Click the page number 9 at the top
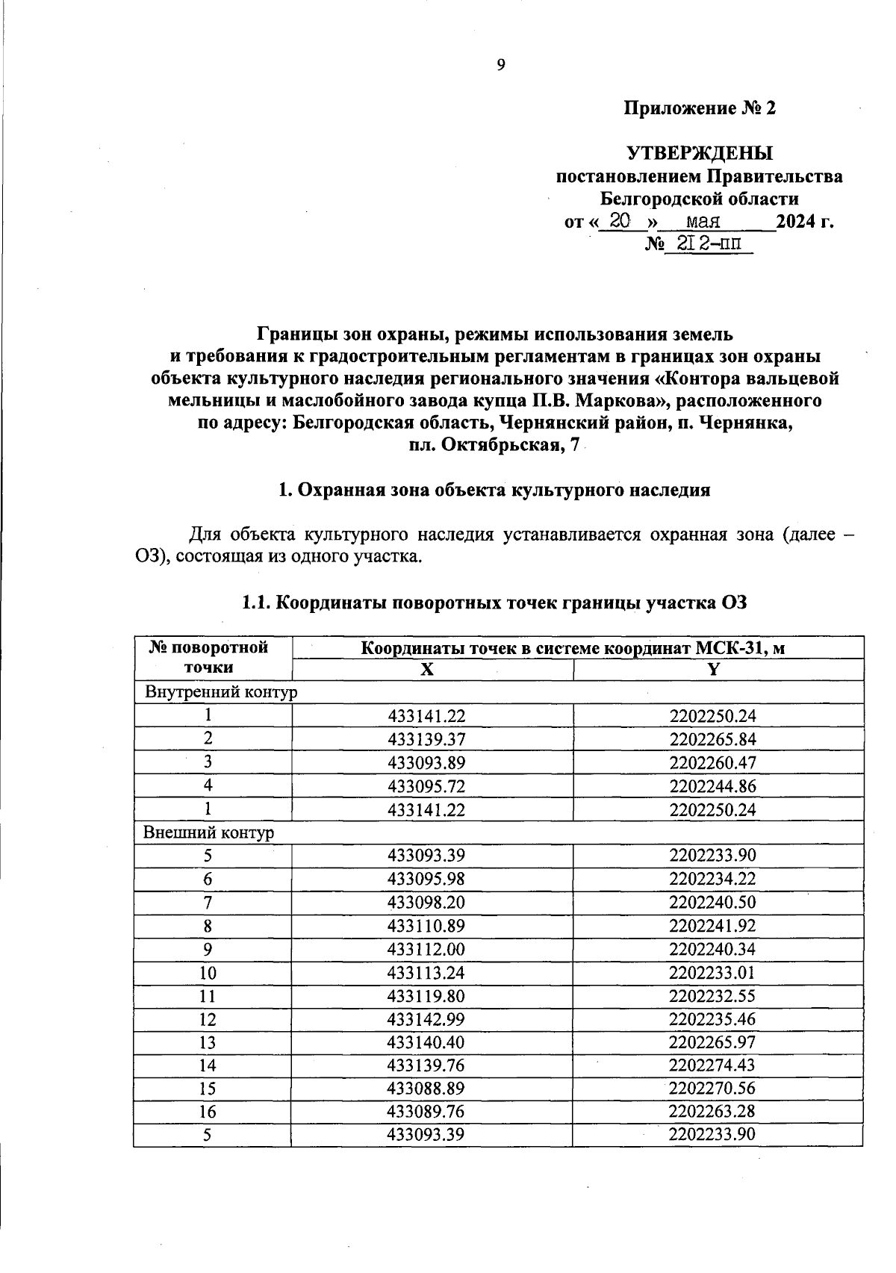tap(501, 66)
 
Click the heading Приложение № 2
tap(700, 109)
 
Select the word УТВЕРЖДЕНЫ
tap(700, 154)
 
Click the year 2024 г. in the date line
tap(804, 222)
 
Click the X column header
tap(426, 670)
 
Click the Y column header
tap(713, 670)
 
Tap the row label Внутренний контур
tap(221, 692)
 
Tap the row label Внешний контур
tap(209, 832)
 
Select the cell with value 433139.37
tap(426, 739)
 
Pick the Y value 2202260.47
tap(713, 762)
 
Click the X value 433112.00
tap(426, 949)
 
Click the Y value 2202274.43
tap(713, 1065)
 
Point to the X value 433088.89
tap(426, 1088)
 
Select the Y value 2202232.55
tap(713, 995)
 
